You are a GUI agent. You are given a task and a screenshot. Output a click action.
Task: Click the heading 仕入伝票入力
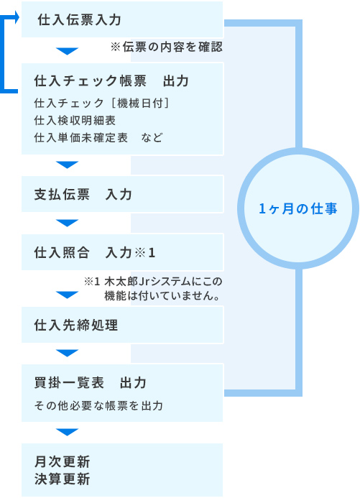tap(79, 19)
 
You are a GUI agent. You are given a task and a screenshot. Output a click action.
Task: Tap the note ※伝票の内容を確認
tap(167, 47)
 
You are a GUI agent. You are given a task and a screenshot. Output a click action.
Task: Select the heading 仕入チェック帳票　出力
tap(111, 81)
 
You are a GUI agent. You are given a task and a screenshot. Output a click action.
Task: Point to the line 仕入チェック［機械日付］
tap(101, 103)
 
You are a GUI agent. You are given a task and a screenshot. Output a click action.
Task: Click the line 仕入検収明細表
tap(75, 121)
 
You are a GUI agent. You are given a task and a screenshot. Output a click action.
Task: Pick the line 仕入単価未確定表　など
tap(98, 137)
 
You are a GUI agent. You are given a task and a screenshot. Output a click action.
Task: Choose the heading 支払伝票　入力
tap(83, 194)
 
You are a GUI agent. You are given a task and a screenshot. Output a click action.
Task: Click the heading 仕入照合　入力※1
tap(95, 253)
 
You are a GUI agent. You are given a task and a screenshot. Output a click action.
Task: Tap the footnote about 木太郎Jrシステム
tap(153, 288)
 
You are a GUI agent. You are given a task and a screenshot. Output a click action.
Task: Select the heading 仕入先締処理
tap(76, 326)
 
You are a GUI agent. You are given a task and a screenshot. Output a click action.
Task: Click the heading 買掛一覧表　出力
tap(90, 383)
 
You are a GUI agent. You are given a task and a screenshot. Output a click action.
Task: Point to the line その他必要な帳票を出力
tap(98, 405)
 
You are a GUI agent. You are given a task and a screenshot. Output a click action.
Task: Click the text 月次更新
tap(63, 461)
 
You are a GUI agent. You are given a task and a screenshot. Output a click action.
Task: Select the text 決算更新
tap(63, 479)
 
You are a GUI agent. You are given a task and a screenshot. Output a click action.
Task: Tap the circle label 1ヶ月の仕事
tap(298, 209)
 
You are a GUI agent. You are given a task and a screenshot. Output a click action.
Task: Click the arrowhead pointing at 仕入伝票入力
tap(17, 17)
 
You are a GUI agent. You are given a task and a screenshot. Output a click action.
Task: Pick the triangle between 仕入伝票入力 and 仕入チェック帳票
tap(67, 51)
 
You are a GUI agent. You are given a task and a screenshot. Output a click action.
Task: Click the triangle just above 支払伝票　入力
tap(67, 165)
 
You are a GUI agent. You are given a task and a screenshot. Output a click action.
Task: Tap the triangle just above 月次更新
tap(67, 432)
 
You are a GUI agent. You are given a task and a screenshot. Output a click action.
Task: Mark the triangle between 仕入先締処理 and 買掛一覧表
tap(67, 353)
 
